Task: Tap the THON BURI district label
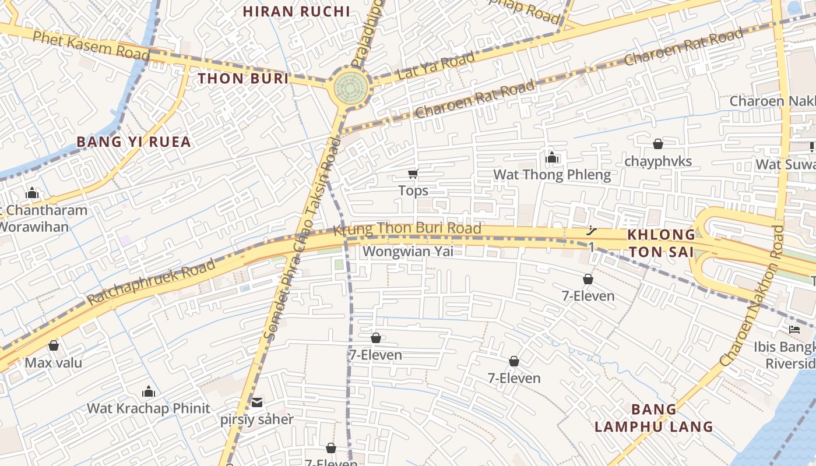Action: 243,79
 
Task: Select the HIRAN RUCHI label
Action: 296,11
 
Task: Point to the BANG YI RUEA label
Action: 134,142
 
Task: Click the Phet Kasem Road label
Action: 91,45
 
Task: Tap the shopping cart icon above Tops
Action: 413,174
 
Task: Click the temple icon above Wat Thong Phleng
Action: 552,157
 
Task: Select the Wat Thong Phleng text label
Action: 552,175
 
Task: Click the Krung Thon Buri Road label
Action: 407,229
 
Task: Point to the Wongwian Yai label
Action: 407,252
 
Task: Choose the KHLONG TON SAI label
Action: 661,243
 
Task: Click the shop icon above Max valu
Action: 54,345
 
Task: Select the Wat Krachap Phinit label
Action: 148,408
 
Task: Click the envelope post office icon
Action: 257,402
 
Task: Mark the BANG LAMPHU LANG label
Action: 654,418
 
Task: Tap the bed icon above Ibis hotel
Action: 794,330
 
